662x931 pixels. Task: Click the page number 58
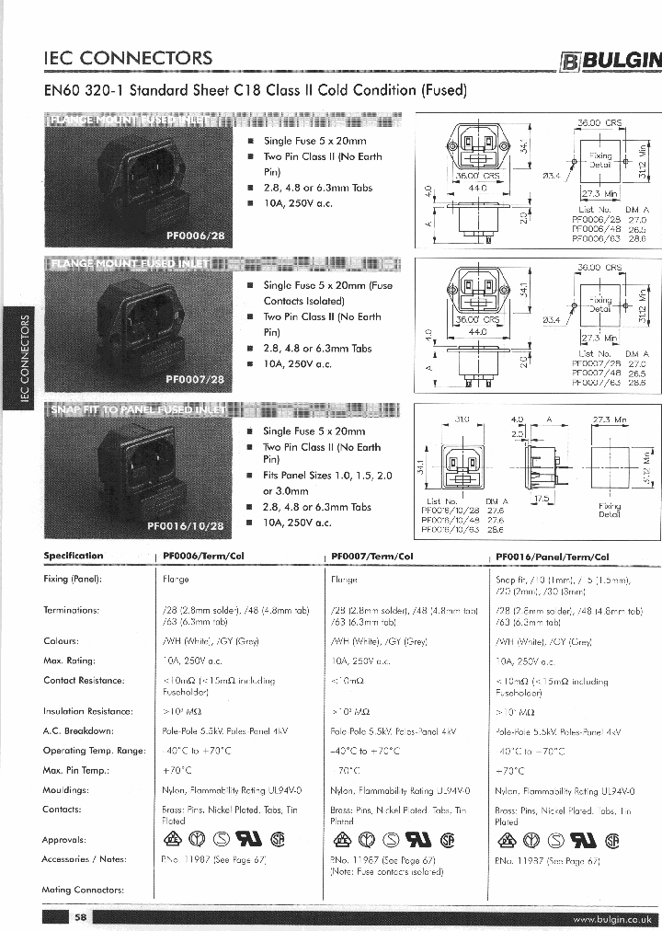[81, 917]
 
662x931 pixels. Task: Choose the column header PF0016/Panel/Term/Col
[552, 557]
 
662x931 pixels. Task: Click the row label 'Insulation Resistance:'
[87, 711]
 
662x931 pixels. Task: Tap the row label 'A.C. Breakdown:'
[78, 730]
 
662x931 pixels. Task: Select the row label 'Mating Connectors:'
[83, 890]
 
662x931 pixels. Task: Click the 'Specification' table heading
[74, 556]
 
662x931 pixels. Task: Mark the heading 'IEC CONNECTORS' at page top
[128, 59]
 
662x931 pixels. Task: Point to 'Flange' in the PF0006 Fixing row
[175, 580]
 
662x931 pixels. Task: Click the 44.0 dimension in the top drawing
[477, 188]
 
